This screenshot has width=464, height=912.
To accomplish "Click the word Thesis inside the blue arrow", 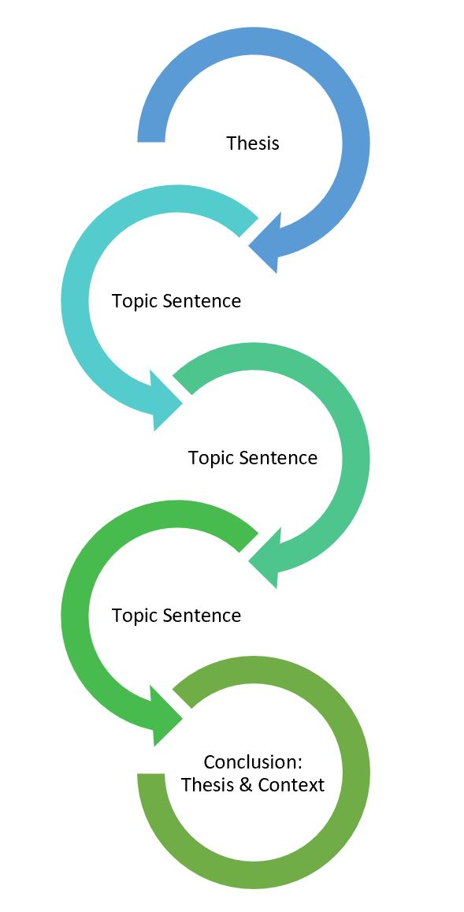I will point(252,143).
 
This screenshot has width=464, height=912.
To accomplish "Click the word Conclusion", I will point(252,762).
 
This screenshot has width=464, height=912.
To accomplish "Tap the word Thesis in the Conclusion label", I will point(203,785).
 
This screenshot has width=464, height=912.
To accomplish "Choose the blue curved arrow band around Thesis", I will point(354,142).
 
